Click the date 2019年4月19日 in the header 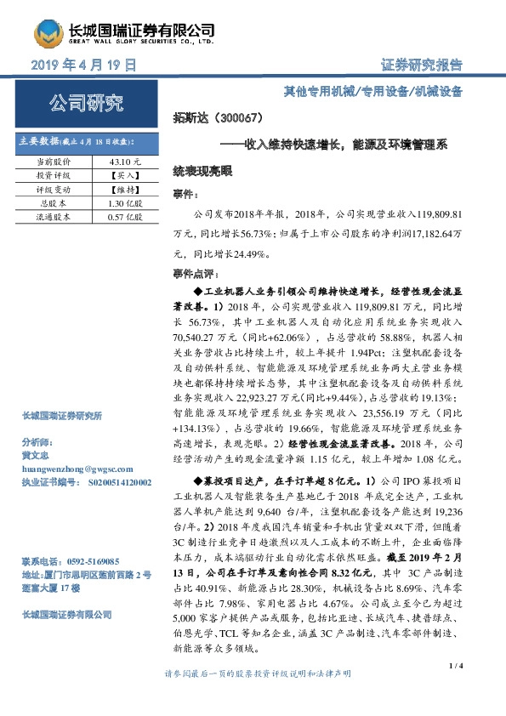(x=83, y=65)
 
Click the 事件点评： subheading (x=196, y=275)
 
